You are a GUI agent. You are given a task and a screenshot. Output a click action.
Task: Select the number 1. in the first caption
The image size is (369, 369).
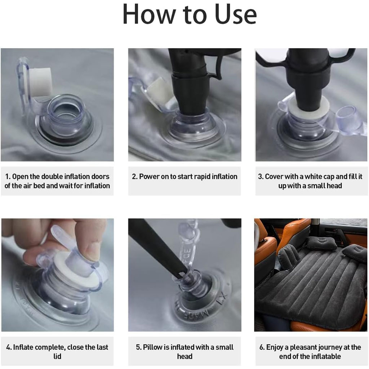(x=8, y=177)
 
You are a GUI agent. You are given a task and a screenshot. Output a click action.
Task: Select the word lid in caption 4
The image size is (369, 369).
(x=57, y=356)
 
